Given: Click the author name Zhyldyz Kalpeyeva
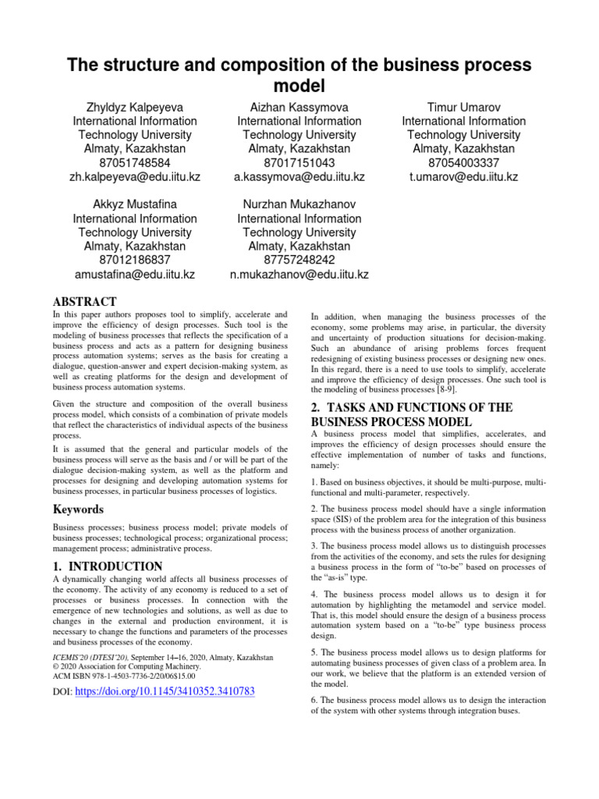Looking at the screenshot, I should (135, 107).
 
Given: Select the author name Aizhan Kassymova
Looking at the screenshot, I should (299, 107).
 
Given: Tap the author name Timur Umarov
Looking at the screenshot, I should (464, 107).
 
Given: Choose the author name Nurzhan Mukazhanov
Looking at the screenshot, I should (299, 204).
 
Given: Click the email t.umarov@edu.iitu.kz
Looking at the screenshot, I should (464, 177).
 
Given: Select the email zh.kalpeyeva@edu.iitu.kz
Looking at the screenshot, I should (135, 177).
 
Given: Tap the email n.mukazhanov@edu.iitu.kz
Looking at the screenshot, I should (299, 275).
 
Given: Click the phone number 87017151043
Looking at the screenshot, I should (299, 163).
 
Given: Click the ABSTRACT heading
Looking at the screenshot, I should (84, 302).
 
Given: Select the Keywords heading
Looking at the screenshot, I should (77, 510).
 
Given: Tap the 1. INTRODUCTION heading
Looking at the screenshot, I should (108, 566).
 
